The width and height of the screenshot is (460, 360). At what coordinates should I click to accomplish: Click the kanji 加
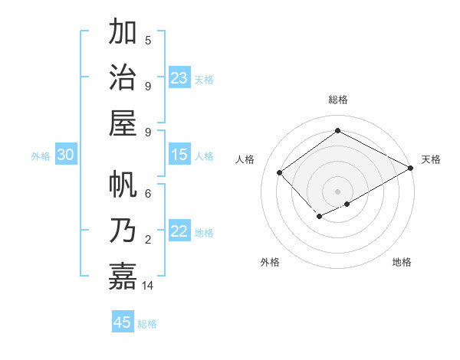click(x=123, y=33)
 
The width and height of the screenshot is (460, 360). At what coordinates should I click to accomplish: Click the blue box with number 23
click(x=179, y=77)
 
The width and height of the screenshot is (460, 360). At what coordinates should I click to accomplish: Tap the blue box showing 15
click(x=179, y=155)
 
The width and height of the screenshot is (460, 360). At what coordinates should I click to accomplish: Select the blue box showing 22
click(x=179, y=232)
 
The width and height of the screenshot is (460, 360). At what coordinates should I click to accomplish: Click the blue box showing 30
click(x=66, y=155)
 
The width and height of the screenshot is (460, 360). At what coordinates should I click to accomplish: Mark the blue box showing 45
click(x=123, y=322)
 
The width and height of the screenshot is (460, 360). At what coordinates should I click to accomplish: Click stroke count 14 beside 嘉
click(x=148, y=285)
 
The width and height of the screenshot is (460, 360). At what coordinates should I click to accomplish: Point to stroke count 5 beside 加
click(x=148, y=40)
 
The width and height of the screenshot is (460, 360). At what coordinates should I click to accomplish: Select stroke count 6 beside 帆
click(x=148, y=195)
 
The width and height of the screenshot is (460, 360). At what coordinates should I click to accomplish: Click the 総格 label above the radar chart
click(x=338, y=100)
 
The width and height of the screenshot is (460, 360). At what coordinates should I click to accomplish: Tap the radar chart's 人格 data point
click(x=280, y=173)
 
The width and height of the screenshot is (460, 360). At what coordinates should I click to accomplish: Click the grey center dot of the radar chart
click(x=338, y=191)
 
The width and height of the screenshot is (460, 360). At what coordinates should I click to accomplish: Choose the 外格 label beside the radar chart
click(x=270, y=262)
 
